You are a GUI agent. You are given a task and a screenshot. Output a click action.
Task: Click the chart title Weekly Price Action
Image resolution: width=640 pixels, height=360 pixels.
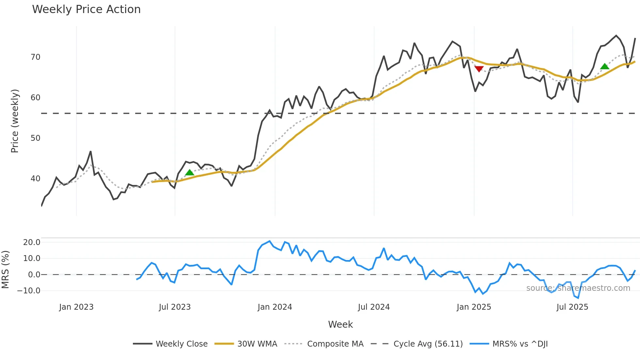pyautogui.click(x=86, y=9)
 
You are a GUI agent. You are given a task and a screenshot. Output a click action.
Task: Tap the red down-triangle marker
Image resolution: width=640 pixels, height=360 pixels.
pyautogui.click(x=479, y=69)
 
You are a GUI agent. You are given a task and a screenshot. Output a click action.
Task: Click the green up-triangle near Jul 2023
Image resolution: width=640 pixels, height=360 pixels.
pyautogui.click(x=189, y=172)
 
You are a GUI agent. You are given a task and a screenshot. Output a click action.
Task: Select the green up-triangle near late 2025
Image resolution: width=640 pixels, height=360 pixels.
pyautogui.click(x=605, y=67)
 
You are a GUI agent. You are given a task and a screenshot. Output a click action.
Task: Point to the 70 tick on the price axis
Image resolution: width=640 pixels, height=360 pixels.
pyautogui.click(x=35, y=57)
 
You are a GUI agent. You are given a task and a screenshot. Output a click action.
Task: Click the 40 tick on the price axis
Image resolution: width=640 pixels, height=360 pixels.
pyautogui.click(x=35, y=179)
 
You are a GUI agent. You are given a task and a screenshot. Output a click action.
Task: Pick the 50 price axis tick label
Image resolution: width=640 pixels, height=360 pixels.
pyautogui.click(x=35, y=138)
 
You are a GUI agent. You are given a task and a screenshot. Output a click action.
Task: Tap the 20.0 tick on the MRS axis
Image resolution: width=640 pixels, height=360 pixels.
pyautogui.click(x=32, y=242)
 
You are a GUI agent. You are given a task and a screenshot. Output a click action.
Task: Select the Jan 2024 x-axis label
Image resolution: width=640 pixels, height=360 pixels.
pyautogui.click(x=275, y=307)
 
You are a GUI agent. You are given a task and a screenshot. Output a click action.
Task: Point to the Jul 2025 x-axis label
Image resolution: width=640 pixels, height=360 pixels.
pyautogui.click(x=572, y=307)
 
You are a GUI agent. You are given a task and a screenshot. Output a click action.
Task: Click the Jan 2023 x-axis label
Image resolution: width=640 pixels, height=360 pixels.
pyautogui.click(x=76, y=307)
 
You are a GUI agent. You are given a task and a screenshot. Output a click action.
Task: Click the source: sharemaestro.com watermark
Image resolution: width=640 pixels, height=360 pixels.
pyautogui.click(x=578, y=288)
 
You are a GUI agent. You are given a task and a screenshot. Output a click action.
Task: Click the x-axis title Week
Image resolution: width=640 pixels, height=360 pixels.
pyautogui.click(x=340, y=324)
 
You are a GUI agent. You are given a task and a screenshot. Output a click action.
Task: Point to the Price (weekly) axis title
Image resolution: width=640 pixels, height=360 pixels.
pyautogui.click(x=15, y=121)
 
